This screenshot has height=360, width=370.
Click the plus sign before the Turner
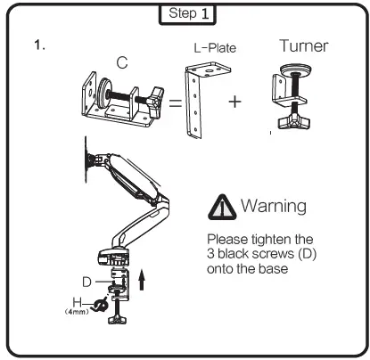tap(235, 101)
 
